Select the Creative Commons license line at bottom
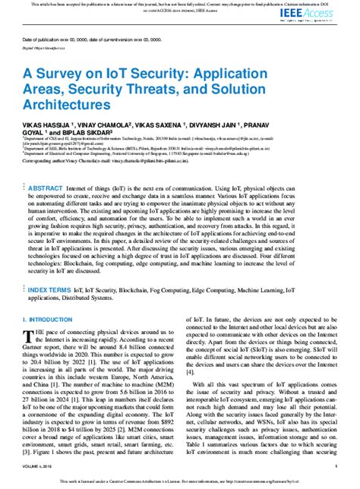179,482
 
